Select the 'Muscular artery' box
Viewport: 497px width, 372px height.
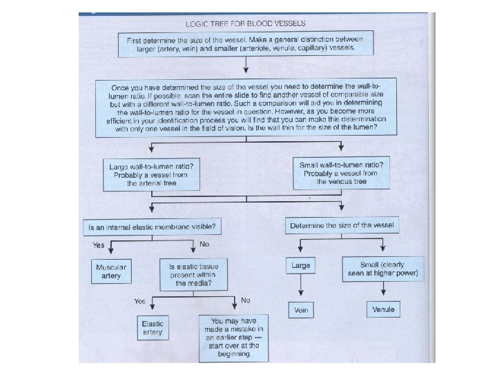(112, 271)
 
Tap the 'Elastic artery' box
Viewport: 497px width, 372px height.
(152, 327)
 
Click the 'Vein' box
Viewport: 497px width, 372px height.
(300, 310)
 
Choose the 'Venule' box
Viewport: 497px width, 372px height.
(383, 309)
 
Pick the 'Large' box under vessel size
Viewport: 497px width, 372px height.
(300, 265)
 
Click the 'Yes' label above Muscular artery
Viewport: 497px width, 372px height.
(99, 245)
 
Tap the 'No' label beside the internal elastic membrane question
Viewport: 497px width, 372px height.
(204, 245)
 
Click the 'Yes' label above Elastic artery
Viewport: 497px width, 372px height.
(140, 301)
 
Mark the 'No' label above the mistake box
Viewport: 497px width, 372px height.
(246, 300)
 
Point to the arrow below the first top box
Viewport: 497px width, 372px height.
(246, 68)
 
